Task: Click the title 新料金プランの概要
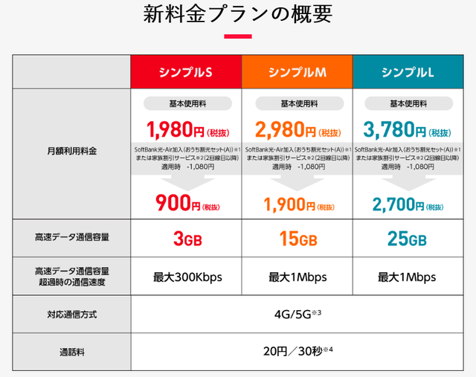pos(238,15)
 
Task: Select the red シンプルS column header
pos(186,72)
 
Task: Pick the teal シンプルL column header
pos(407,72)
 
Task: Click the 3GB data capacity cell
pos(186,239)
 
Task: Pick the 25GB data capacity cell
pos(407,239)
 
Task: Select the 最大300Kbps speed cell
pos(186,277)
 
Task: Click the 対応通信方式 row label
pos(71,315)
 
